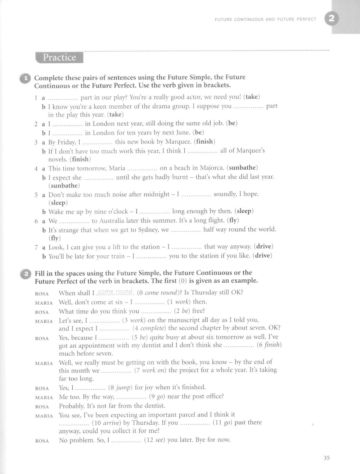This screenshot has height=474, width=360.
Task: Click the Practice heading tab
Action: tap(59, 58)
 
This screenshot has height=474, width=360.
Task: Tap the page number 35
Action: tap(327, 458)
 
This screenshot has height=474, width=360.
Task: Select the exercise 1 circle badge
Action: tap(26, 78)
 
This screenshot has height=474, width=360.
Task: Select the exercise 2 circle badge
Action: tap(26, 274)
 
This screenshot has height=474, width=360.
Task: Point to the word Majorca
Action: tap(214, 168)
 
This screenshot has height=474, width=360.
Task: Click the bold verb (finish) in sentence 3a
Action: tap(204, 142)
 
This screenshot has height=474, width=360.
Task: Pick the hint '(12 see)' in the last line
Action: tap(154, 440)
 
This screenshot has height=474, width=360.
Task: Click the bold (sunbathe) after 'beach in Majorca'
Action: tap(244, 168)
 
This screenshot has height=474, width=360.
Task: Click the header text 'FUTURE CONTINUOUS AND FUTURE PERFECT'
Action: tap(265, 19)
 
